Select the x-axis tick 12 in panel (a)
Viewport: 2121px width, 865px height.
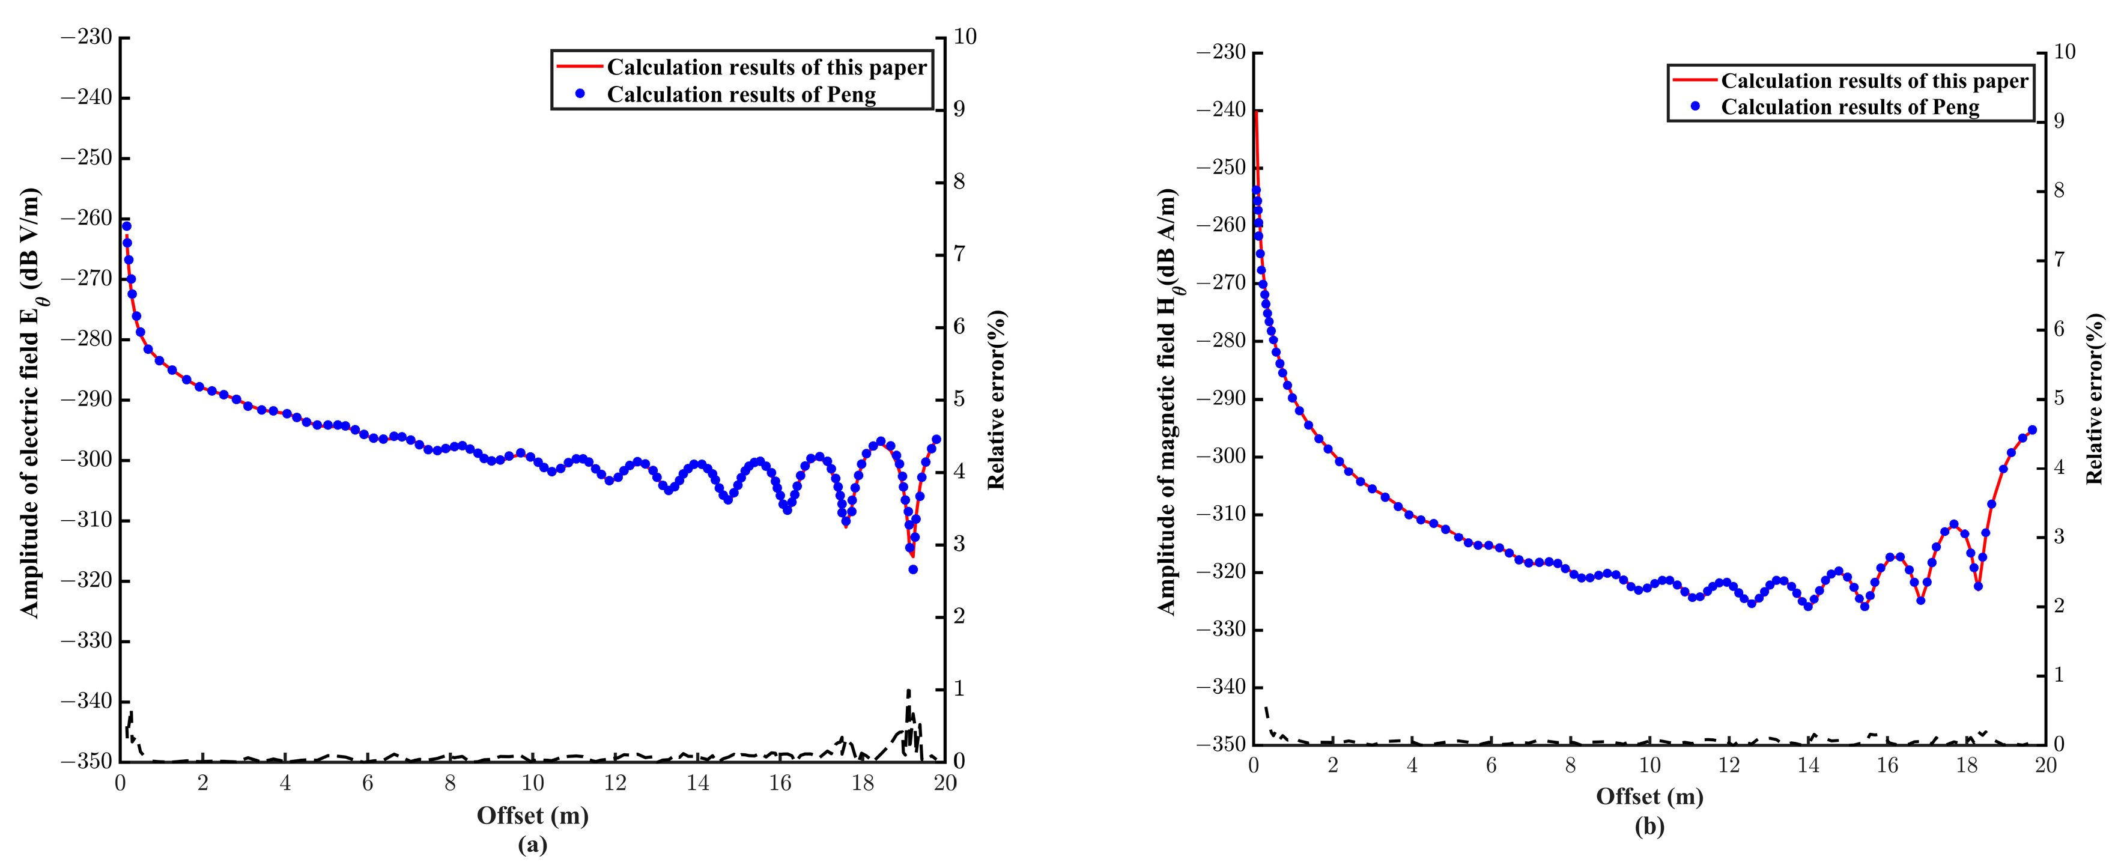(615, 783)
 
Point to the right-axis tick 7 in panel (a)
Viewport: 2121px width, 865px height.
(959, 253)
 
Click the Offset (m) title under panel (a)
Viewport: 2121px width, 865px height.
(533, 816)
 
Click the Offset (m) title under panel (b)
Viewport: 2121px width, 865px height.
(1649, 797)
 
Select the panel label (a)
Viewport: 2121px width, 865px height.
(533, 845)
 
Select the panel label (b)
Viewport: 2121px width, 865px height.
(1649, 827)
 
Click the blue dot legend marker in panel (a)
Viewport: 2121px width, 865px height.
(580, 94)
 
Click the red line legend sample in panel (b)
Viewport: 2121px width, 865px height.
(1695, 80)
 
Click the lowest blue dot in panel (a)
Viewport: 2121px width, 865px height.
(912, 569)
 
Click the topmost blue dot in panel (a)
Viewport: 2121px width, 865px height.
(126, 225)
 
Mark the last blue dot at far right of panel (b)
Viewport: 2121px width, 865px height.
(2032, 429)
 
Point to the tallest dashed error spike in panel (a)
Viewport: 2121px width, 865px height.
(908, 691)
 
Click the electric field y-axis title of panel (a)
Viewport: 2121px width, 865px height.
(31, 403)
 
